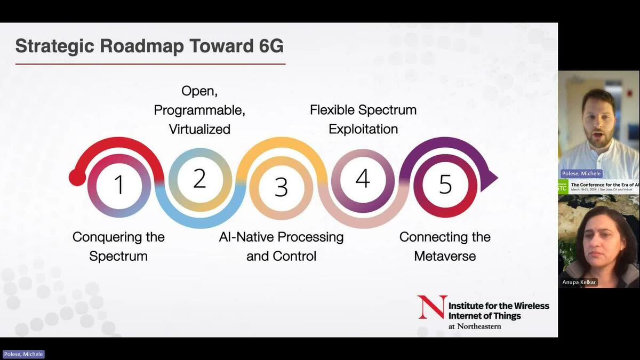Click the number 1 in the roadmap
click(x=119, y=185)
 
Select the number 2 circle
click(x=199, y=179)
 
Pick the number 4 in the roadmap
click(x=363, y=179)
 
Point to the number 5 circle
click(x=445, y=185)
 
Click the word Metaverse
click(x=444, y=256)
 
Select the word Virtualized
click(x=199, y=129)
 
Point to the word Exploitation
click(x=363, y=129)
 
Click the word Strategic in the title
click(x=48, y=46)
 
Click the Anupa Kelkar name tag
click(x=580, y=282)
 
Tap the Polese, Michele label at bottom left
click(x=23, y=354)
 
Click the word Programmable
click(x=199, y=110)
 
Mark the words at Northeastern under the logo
click(x=475, y=326)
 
